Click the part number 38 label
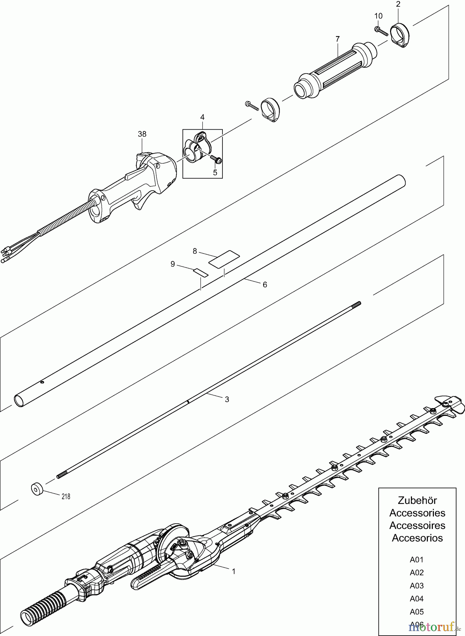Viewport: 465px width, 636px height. pyautogui.click(x=142, y=134)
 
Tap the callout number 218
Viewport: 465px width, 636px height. pyautogui.click(x=65, y=496)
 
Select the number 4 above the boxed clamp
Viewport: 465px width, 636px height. pyautogui.click(x=202, y=117)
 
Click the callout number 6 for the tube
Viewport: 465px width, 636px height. pyautogui.click(x=265, y=284)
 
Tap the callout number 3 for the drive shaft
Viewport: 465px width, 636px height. pyautogui.click(x=227, y=399)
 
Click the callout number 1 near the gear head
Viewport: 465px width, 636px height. pyautogui.click(x=233, y=571)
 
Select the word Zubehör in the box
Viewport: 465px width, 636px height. pyautogui.click(x=417, y=500)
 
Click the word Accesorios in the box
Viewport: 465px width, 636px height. pyautogui.click(x=417, y=538)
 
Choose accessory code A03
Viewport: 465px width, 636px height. pyautogui.click(x=417, y=585)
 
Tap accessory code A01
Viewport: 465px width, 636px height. pyautogui.click(x=417, y=559)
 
